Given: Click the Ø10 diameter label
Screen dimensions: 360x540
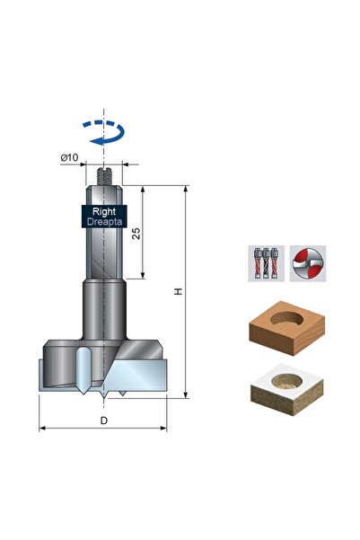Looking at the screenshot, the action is (69, 157).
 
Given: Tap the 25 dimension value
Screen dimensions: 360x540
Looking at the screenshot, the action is (136, 233).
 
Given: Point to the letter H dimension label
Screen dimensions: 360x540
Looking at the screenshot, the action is (179, 292).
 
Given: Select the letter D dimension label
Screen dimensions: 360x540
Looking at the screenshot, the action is (103, 420).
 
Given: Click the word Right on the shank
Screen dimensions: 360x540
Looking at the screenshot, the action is (104, 211).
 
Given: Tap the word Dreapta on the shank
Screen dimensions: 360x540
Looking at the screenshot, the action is (105, 221).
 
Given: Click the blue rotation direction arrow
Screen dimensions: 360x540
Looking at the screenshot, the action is (103, 132).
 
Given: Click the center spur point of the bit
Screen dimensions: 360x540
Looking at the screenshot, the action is (103, 397).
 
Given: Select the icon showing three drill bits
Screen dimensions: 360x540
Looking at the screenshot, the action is (266, 263).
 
